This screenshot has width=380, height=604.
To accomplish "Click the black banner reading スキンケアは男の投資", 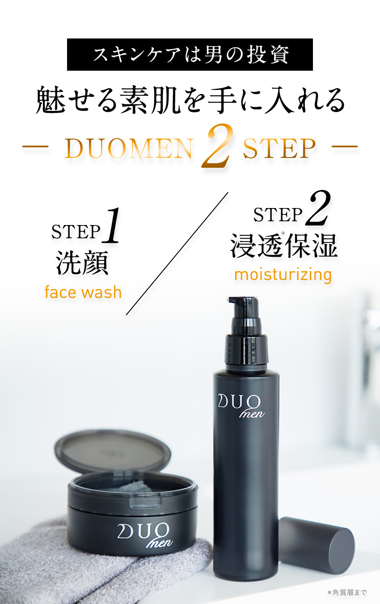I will [190, 55].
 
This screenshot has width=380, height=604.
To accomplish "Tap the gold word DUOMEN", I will [129, 149].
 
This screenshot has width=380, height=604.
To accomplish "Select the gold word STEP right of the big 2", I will [279, 149].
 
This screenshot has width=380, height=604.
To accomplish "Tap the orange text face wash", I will [83, 292].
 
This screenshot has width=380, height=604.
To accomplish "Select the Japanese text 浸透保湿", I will [283, 247].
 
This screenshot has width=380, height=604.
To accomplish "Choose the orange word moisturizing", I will [283, 274].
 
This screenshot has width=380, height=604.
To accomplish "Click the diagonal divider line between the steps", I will [177, 254].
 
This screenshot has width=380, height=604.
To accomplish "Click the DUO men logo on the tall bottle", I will [241, 405].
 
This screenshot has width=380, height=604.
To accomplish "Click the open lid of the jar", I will [112, 452].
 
